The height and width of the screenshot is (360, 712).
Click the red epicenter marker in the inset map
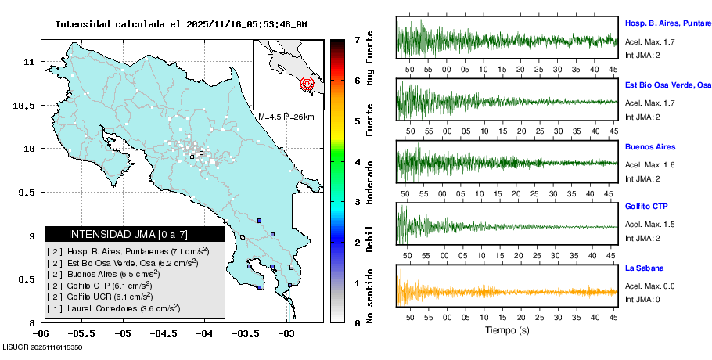point(307,83)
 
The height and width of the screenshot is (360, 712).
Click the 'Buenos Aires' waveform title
point(650,147)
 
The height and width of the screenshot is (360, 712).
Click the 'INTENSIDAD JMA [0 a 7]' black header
point(135,234)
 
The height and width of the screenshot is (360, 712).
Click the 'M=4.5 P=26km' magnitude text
point(286,117)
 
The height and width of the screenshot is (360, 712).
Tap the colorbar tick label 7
point(357,39)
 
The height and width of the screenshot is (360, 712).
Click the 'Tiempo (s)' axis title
point(506,330)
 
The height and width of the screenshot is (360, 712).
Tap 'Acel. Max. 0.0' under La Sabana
point(650,287)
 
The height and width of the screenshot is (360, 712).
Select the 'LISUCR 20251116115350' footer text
point(43,346)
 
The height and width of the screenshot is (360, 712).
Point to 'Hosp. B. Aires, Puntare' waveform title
point(667,23)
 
